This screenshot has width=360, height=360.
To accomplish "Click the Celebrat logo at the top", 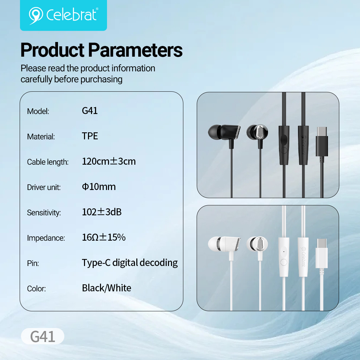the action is [x=63, y=15].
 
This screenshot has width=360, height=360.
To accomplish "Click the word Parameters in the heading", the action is [x=135, y=50].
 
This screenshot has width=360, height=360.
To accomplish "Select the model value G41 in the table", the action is [x=90, y=111].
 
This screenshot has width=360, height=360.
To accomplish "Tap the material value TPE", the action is [x=90, y=136].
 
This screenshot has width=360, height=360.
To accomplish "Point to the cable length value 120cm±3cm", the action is [x=109, y=161].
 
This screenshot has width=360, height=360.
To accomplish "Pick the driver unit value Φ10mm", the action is [x=99, y=187].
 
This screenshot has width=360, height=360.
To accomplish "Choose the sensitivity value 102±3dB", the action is [x=102, y=212].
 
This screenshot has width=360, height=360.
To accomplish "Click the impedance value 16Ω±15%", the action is [x=104, y=237].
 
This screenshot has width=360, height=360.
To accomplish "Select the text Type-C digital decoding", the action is [x=130, y=263].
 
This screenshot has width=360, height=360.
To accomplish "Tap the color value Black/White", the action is [x=107, y=288].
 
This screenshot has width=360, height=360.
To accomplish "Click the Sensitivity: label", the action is [x=44, y=213].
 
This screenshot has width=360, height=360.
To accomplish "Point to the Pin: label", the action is [x=33, y=263].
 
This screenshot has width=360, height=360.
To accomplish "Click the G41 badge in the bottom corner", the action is [x=43, y=336].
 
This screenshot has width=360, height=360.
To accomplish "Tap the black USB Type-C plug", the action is [x=322, y=142].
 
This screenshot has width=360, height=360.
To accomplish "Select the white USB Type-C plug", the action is [x=322, y=253].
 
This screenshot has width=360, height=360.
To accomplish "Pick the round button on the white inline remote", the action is [x=284, y=262].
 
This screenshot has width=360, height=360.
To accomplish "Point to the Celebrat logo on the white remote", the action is [x=303, y=257].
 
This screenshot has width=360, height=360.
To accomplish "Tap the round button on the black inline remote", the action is [x=284, y=150].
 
